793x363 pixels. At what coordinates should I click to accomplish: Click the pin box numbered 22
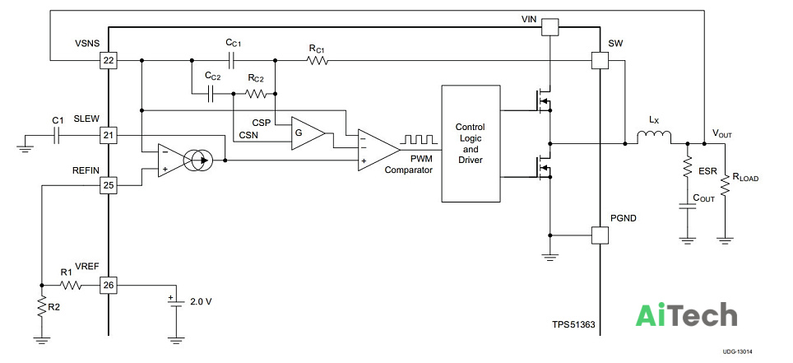(109, 61)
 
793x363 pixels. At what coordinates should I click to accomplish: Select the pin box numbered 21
(109, 135)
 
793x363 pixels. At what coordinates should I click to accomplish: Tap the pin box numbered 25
(109, 185)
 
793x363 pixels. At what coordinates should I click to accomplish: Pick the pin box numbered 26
(109, 286)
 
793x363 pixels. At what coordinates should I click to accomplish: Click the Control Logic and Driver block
(471, 144)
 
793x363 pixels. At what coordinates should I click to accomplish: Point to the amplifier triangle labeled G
(307, 133)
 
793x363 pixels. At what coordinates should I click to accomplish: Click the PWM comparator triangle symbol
(377, 150)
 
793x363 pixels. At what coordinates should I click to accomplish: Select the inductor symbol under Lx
(654, 137)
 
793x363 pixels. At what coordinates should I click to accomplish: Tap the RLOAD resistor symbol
(725, 184)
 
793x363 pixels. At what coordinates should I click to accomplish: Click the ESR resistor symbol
(688, 166)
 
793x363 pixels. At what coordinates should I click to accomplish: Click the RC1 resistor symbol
(317, 61)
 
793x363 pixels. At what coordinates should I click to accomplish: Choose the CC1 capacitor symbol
(232, 61)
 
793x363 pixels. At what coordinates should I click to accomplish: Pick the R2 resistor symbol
(42, 306)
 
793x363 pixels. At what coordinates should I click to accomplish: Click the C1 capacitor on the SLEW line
(58, 135)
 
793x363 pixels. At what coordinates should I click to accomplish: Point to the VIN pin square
(550, 27)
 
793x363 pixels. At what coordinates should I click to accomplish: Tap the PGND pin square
(600, 235)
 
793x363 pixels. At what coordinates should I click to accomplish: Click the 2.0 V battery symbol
(176, 303)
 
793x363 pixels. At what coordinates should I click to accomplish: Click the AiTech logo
(686, 315)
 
